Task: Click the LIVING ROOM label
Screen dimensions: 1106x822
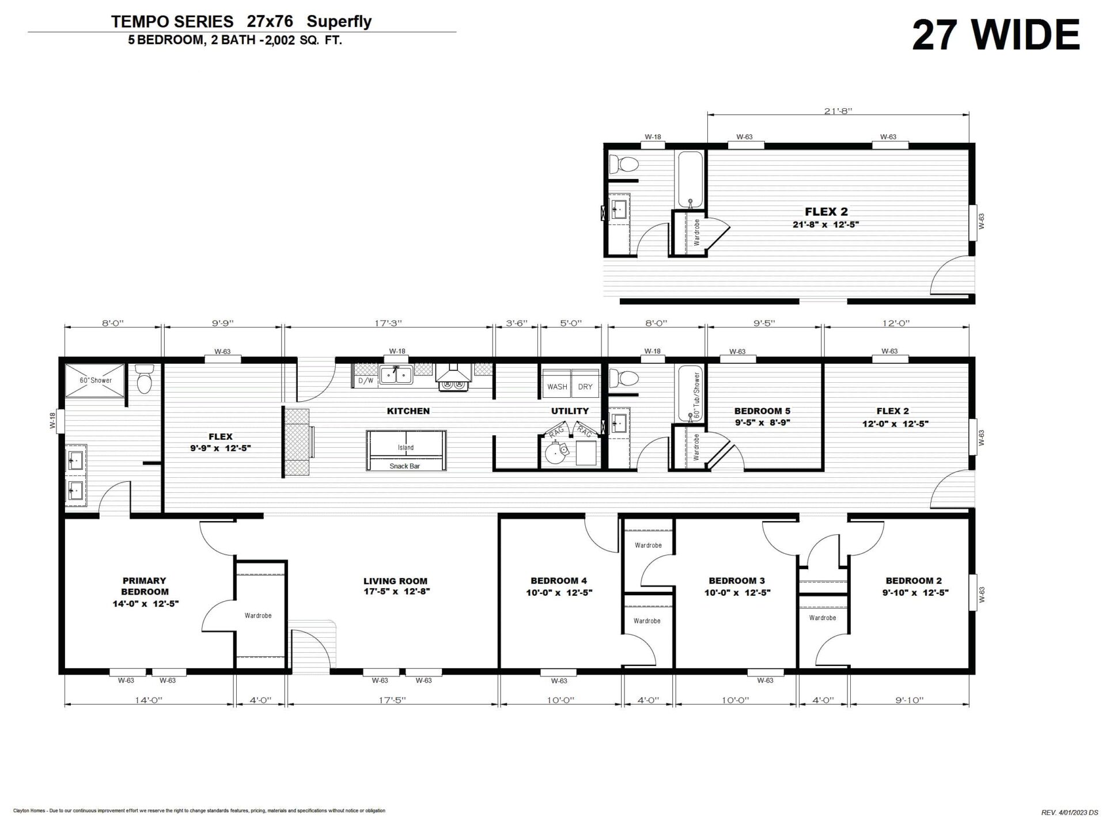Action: coord(395,581)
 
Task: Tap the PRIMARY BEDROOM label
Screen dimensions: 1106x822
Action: coord(145,586)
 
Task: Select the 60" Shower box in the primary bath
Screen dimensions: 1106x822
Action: coord(95,380)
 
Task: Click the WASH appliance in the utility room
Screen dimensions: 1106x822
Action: coord(557,386)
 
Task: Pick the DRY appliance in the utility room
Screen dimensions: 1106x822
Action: coord(585,386)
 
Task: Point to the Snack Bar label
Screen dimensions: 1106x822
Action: coord(404,466)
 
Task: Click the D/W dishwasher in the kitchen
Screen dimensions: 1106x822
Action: coord(365,380)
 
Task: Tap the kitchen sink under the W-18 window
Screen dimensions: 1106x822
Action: coord(396,375)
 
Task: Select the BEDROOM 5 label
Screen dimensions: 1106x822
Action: coord(762,411)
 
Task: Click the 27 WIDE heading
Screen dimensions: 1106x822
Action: coord(996,35)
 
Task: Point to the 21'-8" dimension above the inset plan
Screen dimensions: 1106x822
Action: coord(838,111)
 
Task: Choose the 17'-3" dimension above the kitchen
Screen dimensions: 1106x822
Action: coord(388,324)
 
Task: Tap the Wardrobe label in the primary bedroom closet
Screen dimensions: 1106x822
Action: coord(258,615)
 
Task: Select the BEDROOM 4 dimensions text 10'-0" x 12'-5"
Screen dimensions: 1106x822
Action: coord(559,592)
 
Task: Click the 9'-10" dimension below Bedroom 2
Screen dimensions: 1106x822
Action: coord(910,701)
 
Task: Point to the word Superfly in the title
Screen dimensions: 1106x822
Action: coord(339,22)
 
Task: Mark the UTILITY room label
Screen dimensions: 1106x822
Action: coord(570,411)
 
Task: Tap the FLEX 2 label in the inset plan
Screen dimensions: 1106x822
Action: coord(826,212)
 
